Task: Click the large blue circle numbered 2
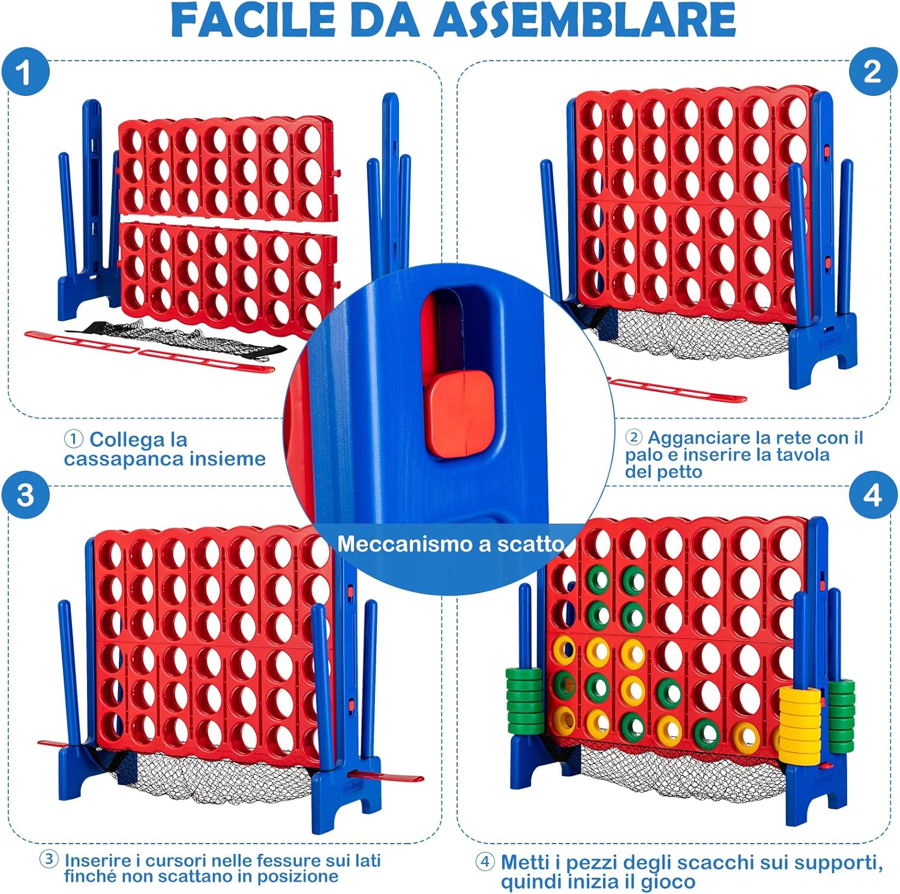(873, 72)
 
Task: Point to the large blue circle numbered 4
(873, 495)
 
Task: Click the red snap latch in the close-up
(460, 412)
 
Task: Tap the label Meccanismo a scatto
(451, 544)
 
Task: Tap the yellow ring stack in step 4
(800, 724)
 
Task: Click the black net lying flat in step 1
(180, 341)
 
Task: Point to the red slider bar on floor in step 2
(678, 390)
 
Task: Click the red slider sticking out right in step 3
(387, 776)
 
